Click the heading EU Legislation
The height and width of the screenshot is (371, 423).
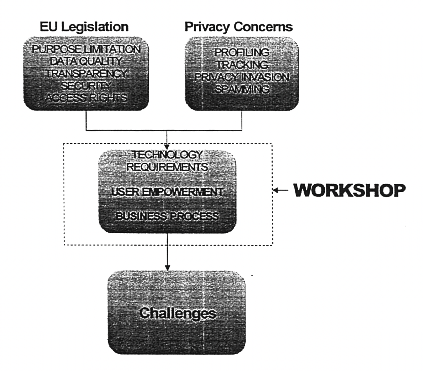click(x=84, y=27)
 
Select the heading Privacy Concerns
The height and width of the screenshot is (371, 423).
click(x=239, y=27)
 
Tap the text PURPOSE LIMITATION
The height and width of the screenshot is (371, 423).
click(x=86, y=49)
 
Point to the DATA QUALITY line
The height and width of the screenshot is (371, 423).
click(x=86, y=61)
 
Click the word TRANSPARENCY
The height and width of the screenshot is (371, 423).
click(x=86, y=73)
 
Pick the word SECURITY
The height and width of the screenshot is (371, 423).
click(x=86, y=86)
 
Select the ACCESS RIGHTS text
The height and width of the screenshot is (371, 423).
click(x=86, y=98)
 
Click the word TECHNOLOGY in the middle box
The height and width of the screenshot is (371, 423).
click(x=167, y=155)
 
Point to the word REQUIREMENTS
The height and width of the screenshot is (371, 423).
click(x=167, y=167)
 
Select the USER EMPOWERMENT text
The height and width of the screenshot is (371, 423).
click(x=167, y=192)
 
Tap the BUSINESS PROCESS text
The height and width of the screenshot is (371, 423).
click(x=167, y=216)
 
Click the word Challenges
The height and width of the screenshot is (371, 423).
click(x=178, y=313)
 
